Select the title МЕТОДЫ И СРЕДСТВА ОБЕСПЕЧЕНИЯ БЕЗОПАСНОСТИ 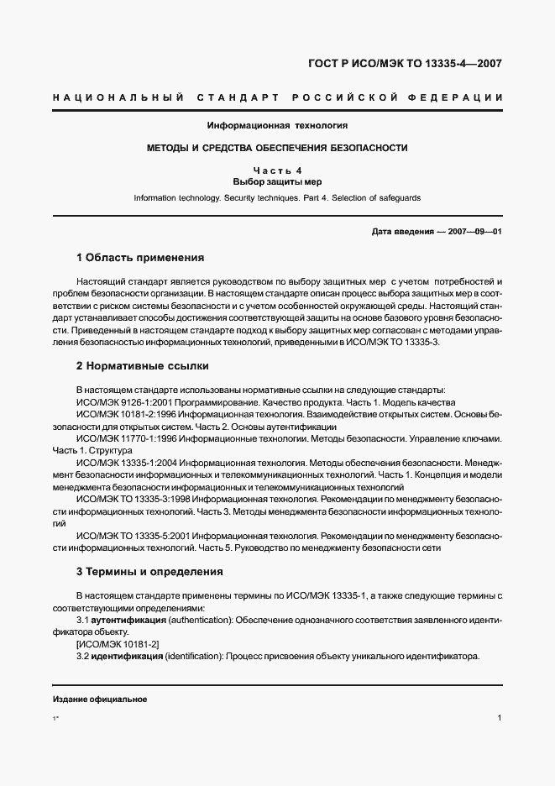tap(277, 148)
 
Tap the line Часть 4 tap(277, 170)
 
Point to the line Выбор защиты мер tap(277, 181)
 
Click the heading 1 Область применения tap(140, 257)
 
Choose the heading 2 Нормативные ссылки tap(142, 366)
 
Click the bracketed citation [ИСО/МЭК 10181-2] tap(118, 643)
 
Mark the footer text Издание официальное tap(100, 700)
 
